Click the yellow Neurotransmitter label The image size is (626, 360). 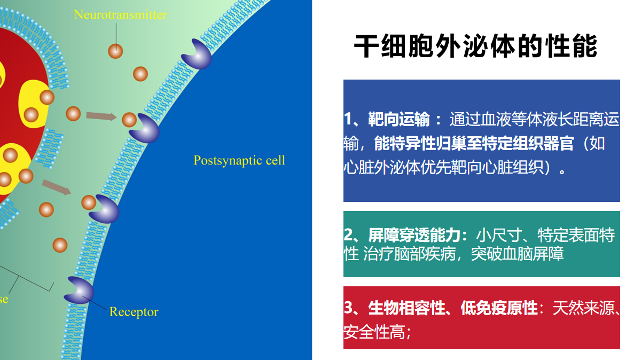[120, 14]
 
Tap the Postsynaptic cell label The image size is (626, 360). [239, 160]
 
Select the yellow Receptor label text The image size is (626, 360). [134, 311]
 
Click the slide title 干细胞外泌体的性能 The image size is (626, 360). [475, 46]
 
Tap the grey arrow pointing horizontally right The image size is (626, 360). [101, 115]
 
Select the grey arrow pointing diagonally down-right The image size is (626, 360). [57, 187]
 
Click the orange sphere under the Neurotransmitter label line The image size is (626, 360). [115, 51]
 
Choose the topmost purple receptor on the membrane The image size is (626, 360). [196, 54]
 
